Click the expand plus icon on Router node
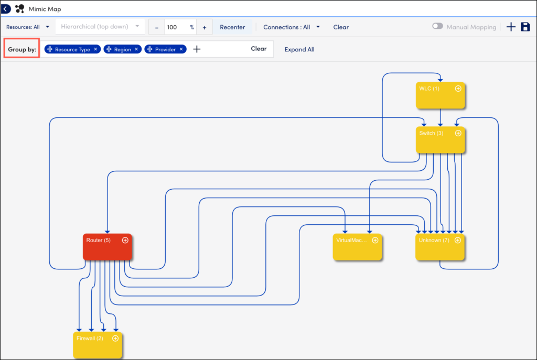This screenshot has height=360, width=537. pyautogui.click(x=125, y=240)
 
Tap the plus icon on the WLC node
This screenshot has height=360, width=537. pyautogui.click(x=458, y=89)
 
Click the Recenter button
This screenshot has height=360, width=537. pyautogui.click(x=232, y=27)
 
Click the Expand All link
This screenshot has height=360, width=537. pyautogui.click(x=299, y=49)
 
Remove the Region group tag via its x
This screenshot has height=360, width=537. pyautogui.click(x=136, y=49)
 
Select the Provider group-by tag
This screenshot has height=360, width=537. pyautogui.click(x=165, y=49)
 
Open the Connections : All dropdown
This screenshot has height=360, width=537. pyautogui.click(x=292, y=27)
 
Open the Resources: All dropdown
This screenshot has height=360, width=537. pyautogui.click(x=28, y=27)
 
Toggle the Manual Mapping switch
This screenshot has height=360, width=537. pyautogui.click(x=437, y=27)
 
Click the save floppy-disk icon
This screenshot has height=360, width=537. pyautogui.click(x=525, y=27)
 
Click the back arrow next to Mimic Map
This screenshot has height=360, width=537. pyautogui.click(x=6, y=8)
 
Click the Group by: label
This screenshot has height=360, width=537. pyautogui.click(x=22, y=49)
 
